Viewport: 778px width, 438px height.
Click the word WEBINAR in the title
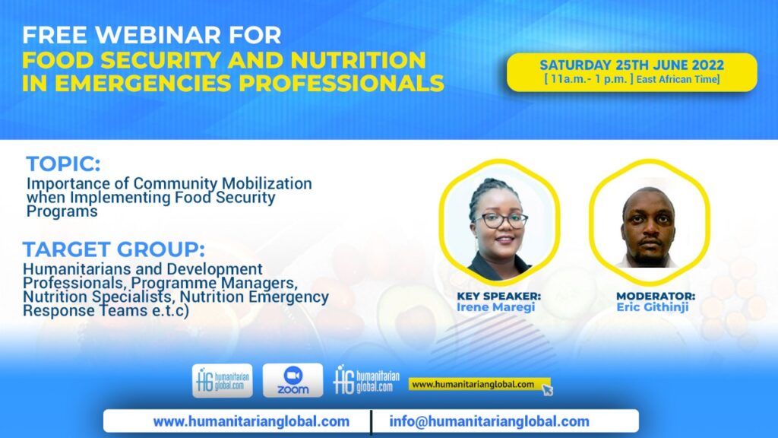tap(158, 35)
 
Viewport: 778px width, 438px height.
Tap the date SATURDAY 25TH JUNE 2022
tap(631, 65)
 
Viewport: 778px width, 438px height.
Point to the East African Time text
tap(678, 79)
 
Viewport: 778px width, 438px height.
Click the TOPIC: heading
tap(63, 164)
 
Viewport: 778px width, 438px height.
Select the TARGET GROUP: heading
tap(114, 249)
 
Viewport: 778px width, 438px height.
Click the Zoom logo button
tap(293, 380)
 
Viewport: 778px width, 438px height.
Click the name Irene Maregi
tap(495, 307)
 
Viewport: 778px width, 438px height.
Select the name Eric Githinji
tap(653, 307)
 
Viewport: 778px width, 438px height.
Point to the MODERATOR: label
tap(656, 296)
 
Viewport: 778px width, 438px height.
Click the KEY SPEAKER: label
tap(498, 296)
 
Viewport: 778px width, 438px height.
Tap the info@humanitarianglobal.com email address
tap(489, 421)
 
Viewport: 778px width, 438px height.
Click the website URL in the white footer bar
tap(251, 421)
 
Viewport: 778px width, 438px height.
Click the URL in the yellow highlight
tap(473, 384)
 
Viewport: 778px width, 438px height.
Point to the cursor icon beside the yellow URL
tap(547, 389)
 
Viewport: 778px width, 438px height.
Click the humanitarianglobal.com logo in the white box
tap(223, 380)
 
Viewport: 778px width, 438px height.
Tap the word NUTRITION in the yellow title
tap(359, 60)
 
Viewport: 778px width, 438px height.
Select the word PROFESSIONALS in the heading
tap(341, 83)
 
